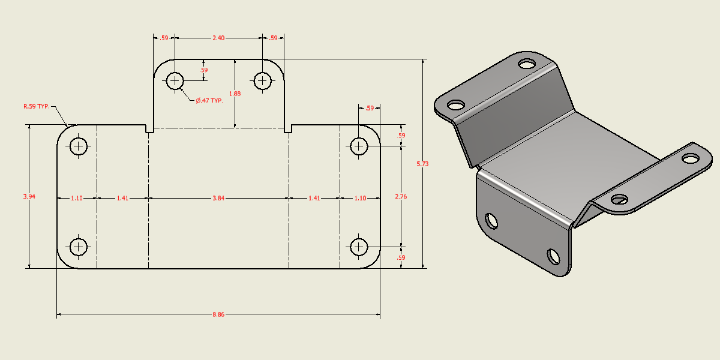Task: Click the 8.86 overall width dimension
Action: [x=218, y=314]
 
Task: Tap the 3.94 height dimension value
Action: [x=29, y=196]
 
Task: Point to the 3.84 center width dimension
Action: [x=218, y=198]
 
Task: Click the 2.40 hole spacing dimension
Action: [x=218, y=38]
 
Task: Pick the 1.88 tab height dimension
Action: [x=235, y=93]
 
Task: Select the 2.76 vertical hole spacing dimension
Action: [x=400, y=196]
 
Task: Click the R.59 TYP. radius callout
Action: [x=36, y=106]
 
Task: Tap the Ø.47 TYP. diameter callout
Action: [x=209, y=100]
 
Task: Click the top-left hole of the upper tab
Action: [x=175, y=80]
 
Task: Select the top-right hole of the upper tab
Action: [x=262, y=80]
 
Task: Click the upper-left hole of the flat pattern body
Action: [x=79, y=146]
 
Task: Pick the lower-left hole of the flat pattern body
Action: [x=79, y=247]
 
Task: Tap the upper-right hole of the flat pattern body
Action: [x=359, y=146]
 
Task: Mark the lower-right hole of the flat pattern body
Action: [x=359, y=247]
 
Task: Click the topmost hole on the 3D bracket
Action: [x=528, y=63]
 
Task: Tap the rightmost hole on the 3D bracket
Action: [x=691, y=158]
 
